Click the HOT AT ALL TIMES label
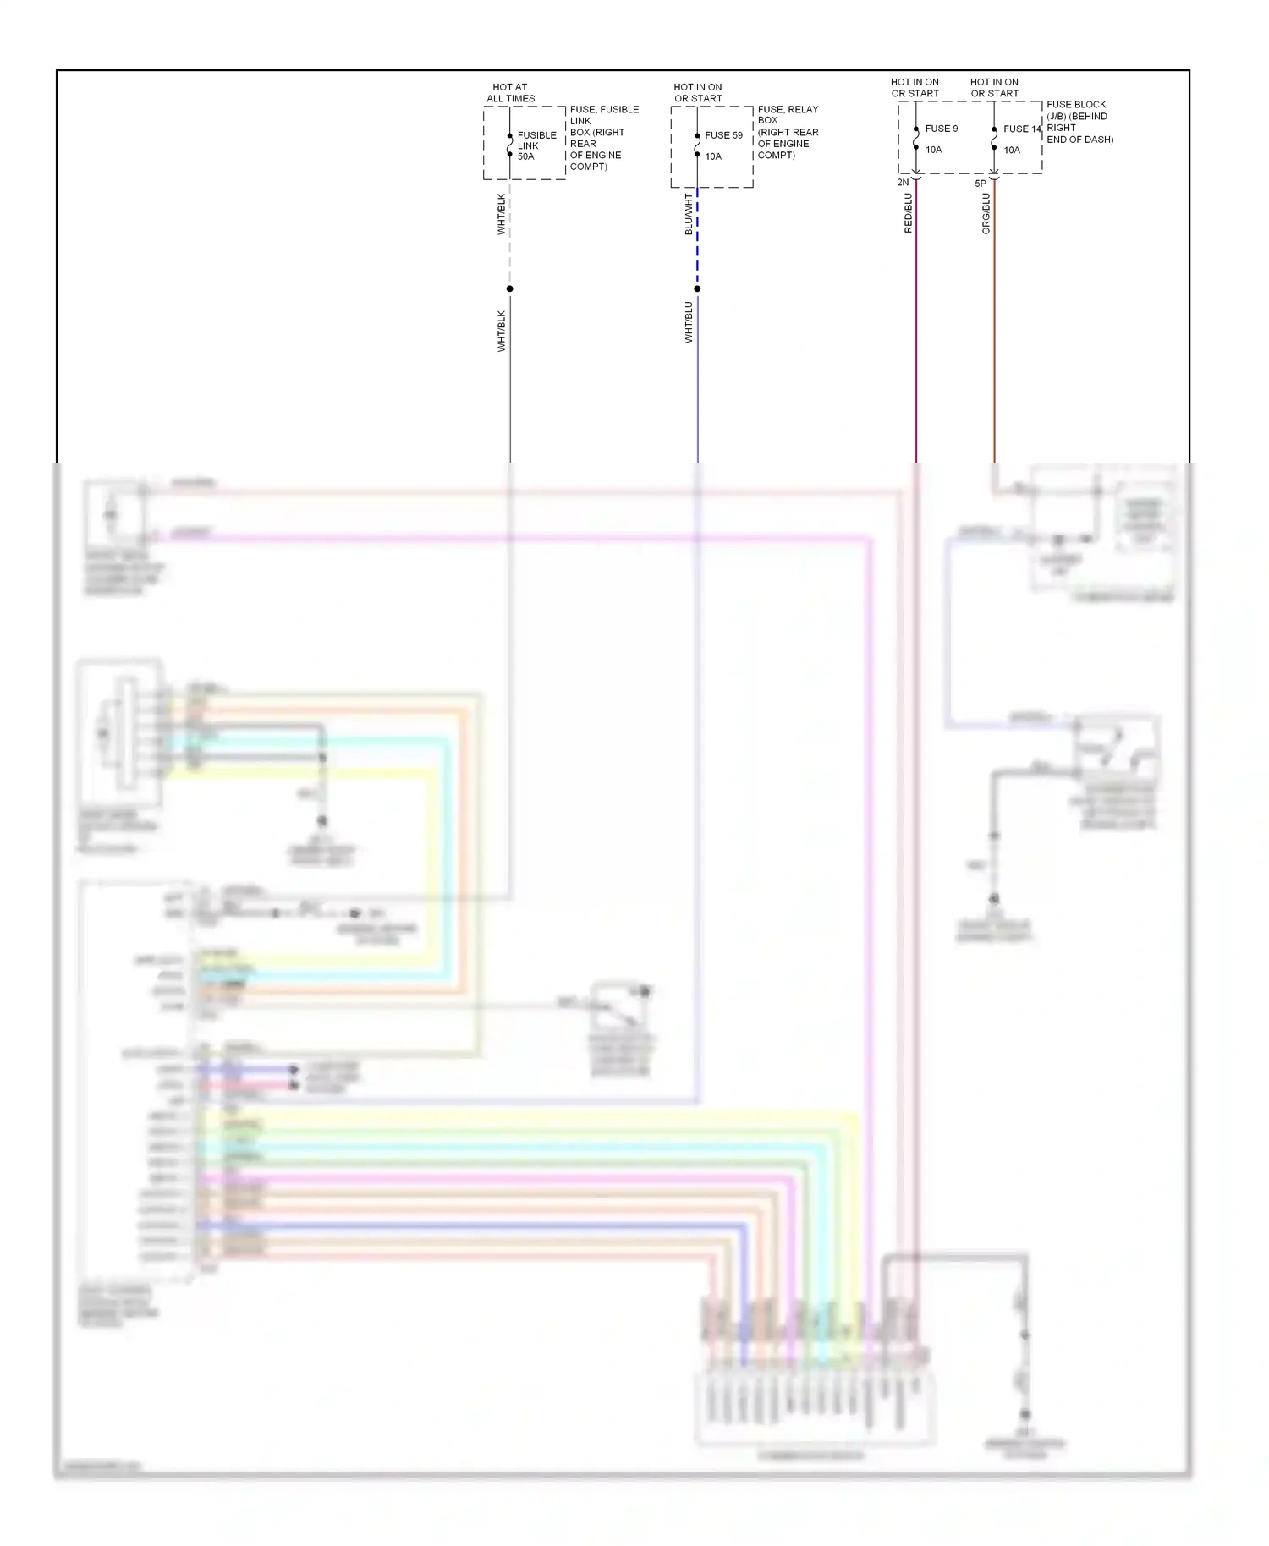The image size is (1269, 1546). coord(510,93)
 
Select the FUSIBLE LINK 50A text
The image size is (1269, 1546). coord(536,145)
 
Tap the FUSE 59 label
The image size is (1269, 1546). coord(723,135)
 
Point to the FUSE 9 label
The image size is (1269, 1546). coord(941,129)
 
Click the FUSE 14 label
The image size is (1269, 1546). coord(1021,129)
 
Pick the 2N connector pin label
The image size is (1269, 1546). coord(903,183)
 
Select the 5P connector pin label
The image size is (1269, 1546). coord(981,184)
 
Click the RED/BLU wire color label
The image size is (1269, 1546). coord(908,213)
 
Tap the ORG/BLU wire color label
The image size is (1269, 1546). coord(986,214)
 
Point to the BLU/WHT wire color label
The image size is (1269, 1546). coord(689,215)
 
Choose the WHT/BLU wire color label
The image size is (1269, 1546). coord(689,322)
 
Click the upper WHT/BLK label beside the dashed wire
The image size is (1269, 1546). coord(501,215)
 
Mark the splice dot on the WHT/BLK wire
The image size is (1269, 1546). coord(509,289)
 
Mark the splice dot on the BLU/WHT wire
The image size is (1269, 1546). coord(697,289)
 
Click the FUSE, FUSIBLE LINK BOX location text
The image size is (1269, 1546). coord(603,138)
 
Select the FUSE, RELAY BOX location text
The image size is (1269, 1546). coord(788,132)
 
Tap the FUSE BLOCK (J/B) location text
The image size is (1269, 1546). coord(1079,122)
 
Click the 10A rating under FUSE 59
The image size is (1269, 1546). coord(713,156)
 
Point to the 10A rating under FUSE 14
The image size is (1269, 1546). coord(1012,151)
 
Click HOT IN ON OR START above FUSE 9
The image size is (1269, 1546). coord(915,88)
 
